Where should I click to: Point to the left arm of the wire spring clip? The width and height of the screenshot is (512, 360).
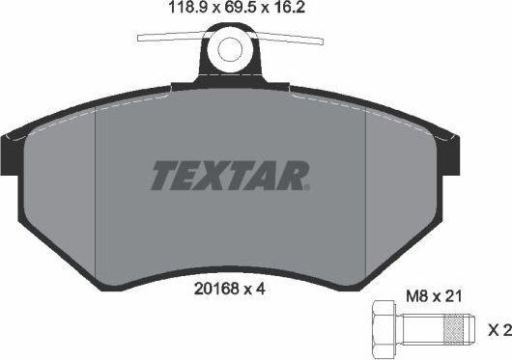(170, 40)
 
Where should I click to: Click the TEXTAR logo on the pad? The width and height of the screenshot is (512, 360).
(230, 175)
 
